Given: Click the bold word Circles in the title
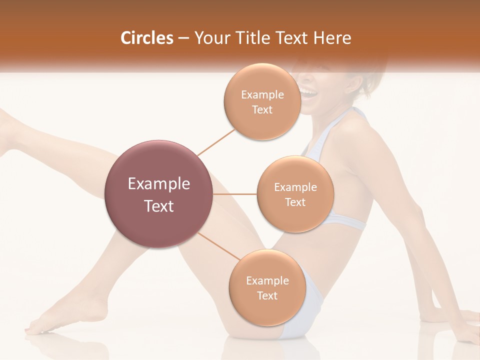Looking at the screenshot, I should (x=147, y=38).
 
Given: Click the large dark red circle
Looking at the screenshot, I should (x=159, y=194).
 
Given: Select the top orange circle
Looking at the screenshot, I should (x=262, y=102).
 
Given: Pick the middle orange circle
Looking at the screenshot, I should (x=295, y=194).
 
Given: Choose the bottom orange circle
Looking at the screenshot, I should (x=267, y=288).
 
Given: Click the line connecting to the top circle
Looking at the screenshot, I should (x=216, y=141).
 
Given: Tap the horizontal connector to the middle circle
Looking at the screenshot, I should (x=235, y=194).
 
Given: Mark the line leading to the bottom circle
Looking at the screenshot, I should (x=218, y=246).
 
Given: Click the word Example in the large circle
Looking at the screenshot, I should (x=159, y=184).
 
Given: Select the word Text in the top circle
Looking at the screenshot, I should (x=262, y=110).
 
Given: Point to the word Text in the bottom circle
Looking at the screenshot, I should (x=267, y=296).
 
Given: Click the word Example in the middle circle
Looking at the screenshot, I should (x=295, y=187).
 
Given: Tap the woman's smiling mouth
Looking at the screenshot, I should (x=308, y=92).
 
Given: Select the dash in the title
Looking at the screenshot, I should (x=183, y=38).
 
